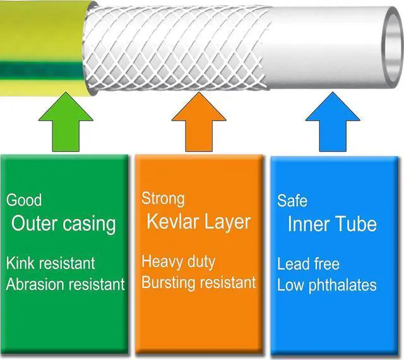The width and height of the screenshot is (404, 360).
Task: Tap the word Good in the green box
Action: click(x=24, y=201)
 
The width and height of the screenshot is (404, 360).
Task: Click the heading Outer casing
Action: click(x=64, y=223)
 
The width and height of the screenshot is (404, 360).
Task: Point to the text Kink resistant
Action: click(x=50, y=263)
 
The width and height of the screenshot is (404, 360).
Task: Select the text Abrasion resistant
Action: click(x=66, y=284)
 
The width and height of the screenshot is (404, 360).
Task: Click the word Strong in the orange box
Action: click(x=163, y=198)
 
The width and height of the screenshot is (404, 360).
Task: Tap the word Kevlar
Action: click(x=174, y=222)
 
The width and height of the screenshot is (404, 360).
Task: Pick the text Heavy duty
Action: click(x=178, y=261)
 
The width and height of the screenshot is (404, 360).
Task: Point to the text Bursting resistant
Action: click(x=199, y=282)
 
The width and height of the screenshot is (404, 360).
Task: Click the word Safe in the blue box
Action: click(x=292, y=201)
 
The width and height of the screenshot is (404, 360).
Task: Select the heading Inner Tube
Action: click(x=332, y=224)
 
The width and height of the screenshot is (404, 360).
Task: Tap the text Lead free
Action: click(x=308, y=264)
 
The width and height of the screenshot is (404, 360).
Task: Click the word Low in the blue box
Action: click(x=290, y=285)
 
